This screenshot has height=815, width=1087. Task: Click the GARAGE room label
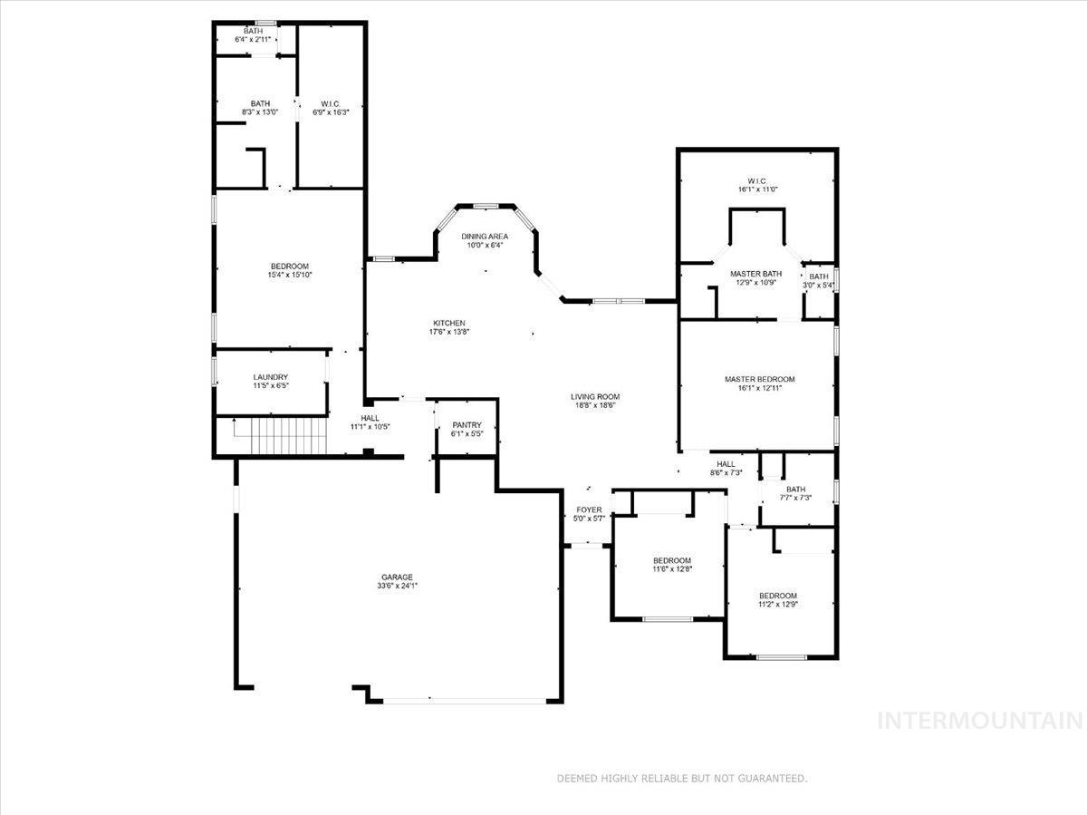(x=397, y=577)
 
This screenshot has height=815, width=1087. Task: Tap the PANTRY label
(x=467, y=425)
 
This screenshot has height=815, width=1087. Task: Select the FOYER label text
(x=589, y=509)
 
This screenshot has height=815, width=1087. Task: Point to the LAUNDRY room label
(x=271, y=377)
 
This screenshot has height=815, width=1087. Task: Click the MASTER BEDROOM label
(x=759, y=379)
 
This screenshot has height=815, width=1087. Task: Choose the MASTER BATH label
(x=755, y=274)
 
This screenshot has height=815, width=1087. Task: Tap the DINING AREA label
(x=485, y=237)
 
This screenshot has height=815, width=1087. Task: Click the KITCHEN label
(x=448, y=323)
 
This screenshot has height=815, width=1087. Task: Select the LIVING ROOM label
(x=595, y=396)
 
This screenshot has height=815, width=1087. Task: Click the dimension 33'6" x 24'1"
(x=397, y=587)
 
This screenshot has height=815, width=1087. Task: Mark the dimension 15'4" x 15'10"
(x=289, y=275)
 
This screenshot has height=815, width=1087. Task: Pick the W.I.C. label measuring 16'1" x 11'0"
(x=757, y=181)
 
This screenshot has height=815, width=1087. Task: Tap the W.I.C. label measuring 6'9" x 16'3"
(x=330, y=103)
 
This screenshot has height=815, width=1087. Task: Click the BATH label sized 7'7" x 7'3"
(x=795, y=490)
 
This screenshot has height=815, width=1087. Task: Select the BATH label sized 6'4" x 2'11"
(x=253, y=32)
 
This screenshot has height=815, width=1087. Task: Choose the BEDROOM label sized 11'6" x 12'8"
(x=671, y=560)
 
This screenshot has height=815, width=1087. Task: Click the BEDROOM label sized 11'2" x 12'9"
(x=778, y=596)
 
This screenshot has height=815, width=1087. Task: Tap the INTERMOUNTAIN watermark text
(x=981, y=722)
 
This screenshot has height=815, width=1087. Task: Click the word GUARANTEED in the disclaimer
(x=771, y=778)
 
